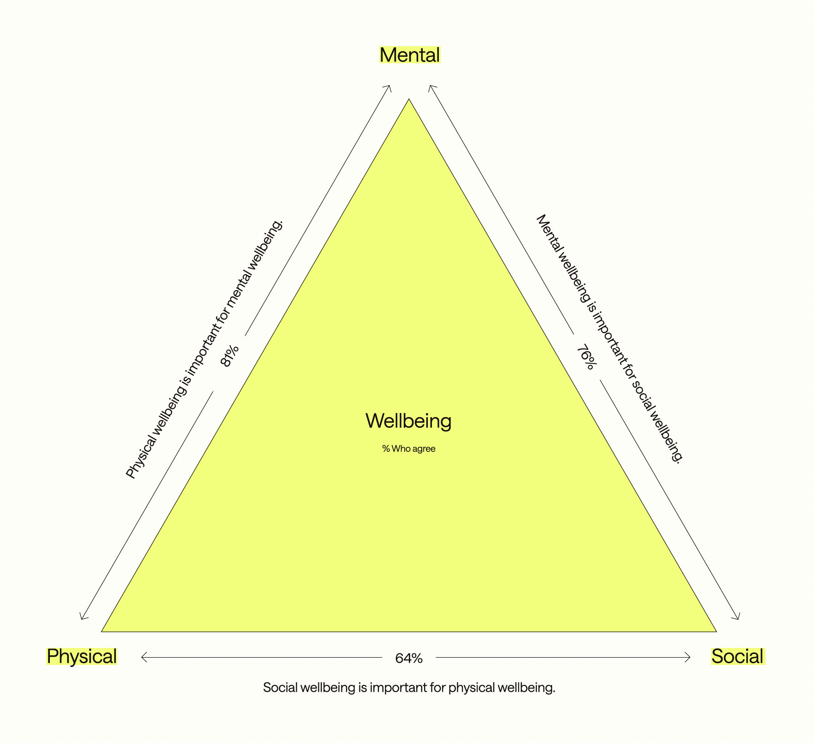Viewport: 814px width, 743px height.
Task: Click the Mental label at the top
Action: [x=410, y=55]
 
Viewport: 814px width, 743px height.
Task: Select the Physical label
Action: [x=82, y=656]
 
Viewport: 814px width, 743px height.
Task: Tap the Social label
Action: [x=737, y=656]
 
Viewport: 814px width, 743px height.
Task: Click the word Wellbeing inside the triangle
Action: [x=408, y=421]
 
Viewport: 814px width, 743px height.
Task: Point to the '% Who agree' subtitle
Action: [x=408, y=449]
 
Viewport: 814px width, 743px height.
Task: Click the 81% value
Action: [x=229, y=356]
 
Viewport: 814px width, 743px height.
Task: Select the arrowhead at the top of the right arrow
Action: [x=430, y=87]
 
